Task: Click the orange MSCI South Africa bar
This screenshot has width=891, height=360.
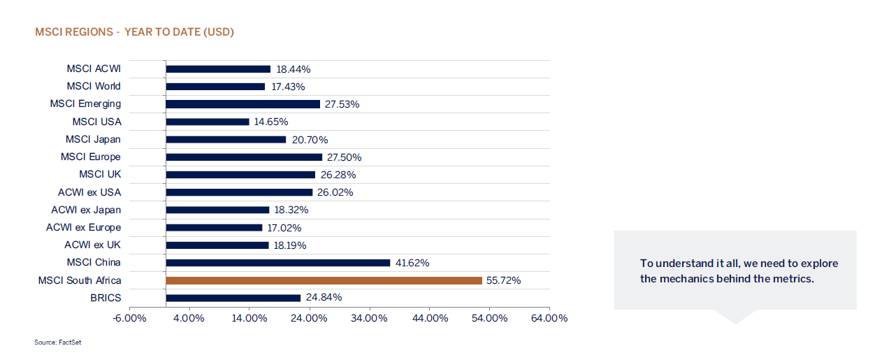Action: [x=324, y=280]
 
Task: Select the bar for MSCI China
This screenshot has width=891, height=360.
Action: [x=277, y=263]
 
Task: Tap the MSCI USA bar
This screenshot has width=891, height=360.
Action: [x=207, y=122]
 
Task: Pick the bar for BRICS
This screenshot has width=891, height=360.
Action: [x=233, y=298]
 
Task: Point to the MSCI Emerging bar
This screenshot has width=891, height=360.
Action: [x=242, y=104]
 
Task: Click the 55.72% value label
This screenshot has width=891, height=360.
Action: [x=503, y=280]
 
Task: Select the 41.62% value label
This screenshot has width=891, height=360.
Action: [x=412, y=263]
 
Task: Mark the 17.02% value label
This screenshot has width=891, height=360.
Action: [x=286, y=228]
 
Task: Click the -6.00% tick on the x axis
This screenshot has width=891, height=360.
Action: [x=129, y=319]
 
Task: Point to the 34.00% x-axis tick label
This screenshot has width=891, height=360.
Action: [x=369, y=319]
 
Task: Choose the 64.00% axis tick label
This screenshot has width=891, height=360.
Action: [x=549, y=319]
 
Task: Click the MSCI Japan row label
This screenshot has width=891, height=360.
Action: [x=93, y=139]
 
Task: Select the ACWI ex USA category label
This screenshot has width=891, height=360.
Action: [x=89, y=192]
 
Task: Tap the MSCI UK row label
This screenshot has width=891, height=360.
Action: [x=100, y=174]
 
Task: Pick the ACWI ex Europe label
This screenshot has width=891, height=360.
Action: [x=84, y=227]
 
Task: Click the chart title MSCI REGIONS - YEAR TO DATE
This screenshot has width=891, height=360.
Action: [x=134, y=32]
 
